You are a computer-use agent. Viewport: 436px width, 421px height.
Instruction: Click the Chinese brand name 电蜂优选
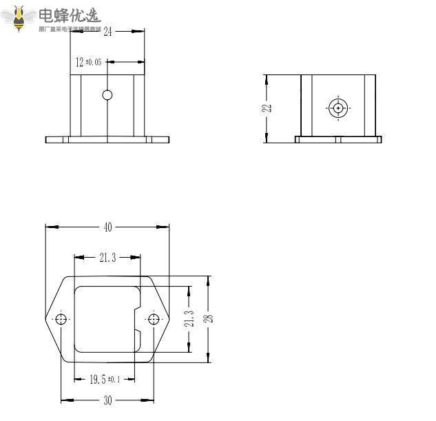pos(69,15)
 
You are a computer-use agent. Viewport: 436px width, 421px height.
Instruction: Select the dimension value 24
pos(107,31)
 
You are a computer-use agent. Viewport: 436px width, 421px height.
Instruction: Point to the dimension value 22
pos(268,107)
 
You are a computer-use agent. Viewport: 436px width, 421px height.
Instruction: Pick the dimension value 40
pos(107,227)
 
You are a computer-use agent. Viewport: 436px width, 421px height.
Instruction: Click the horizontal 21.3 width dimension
pos(107,258)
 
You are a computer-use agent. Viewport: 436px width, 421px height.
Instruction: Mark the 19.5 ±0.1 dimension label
pos(104,379)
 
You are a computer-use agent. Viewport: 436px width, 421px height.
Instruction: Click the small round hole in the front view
pos(107,94)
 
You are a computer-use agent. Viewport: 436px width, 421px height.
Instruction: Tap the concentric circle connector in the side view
pos(338,107)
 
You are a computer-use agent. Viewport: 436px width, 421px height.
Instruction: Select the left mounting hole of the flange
pos(61,318)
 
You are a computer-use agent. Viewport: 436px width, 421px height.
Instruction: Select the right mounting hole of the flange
pos(154,318)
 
